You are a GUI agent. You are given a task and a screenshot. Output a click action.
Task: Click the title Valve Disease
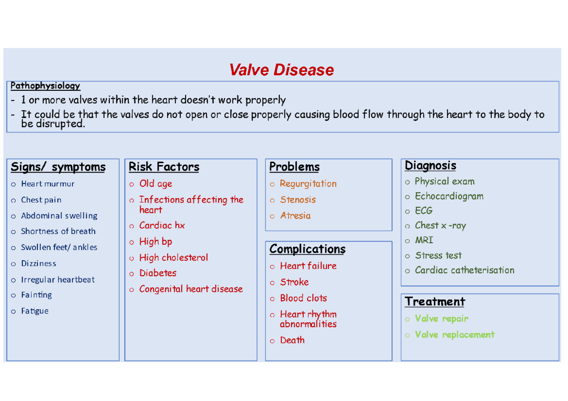[281, 70]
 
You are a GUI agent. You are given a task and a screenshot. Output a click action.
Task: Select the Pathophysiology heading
[45, 86]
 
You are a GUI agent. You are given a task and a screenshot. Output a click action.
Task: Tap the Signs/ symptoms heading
[58, 167]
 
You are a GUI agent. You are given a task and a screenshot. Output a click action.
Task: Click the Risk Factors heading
[164, 167]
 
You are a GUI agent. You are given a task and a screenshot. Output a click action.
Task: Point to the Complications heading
[307, 249]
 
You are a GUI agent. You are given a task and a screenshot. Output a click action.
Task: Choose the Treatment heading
[435, 302]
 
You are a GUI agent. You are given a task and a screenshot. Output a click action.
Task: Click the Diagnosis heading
[430, 166]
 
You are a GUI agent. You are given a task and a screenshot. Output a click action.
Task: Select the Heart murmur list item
[47, 184]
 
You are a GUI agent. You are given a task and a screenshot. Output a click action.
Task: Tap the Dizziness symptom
[38, 263]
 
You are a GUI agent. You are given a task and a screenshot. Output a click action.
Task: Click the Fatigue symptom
[35, 311]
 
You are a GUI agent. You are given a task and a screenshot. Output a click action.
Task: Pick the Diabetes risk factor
[158, 273]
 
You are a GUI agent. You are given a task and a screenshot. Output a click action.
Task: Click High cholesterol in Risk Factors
[173, 258]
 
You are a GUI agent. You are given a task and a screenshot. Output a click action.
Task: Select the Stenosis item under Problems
[298, 200]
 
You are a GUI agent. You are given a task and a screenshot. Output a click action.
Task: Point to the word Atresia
[295, 216]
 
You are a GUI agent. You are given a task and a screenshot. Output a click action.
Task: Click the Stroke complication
[294, 282]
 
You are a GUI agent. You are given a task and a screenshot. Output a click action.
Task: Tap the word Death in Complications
[292, 340]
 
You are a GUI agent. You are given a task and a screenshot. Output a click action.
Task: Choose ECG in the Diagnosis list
[424, 211]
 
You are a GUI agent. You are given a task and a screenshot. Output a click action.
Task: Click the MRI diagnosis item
[424, 240]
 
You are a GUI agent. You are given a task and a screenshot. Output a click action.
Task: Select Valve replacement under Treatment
[454, 335]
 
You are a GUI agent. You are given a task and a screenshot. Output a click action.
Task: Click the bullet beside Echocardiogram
[408, 197]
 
